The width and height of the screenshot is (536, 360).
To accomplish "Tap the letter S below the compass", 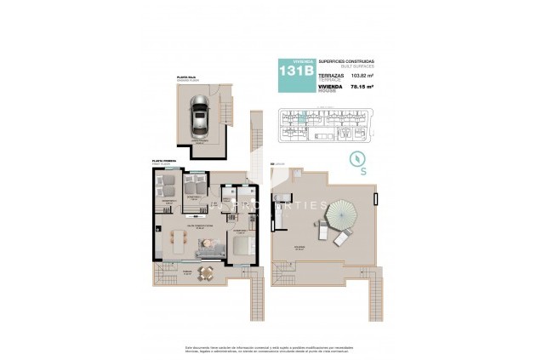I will (362, 172).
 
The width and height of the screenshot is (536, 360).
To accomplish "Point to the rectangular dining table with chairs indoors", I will (176, 241).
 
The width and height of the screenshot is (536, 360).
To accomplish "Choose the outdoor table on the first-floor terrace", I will (204, 272).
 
